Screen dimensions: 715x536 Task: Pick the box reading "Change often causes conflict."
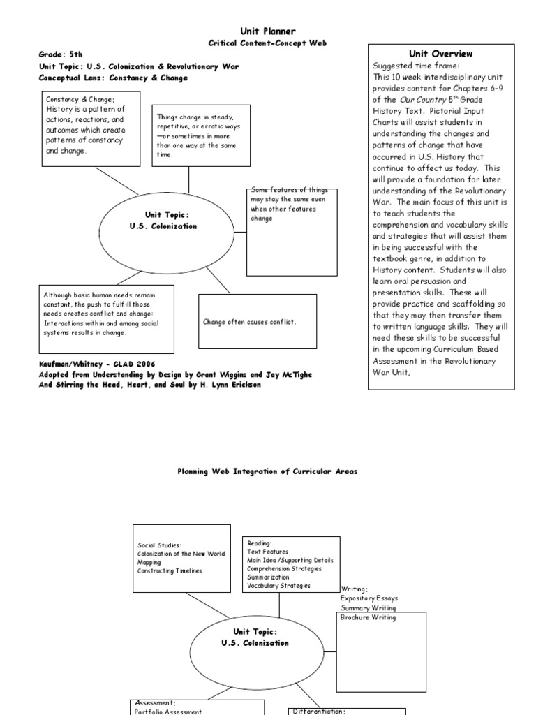(x=258, y=321)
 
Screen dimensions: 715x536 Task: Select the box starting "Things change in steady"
(x=200, y=135)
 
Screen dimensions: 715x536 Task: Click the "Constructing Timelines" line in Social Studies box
(x=170, y=571)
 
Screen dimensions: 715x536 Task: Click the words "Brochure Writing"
(x=368, y=617)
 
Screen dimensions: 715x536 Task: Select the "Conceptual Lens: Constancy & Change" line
(x=113, y=78)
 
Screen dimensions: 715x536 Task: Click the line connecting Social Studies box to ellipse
(x=207, y=604)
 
